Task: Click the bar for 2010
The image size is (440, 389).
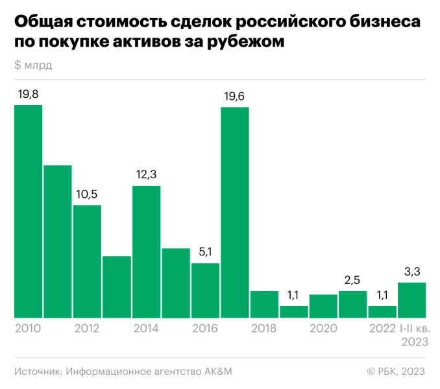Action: [28, 211]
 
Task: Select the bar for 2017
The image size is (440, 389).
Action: [235, 212]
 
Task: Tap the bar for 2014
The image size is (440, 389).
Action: [147, 252]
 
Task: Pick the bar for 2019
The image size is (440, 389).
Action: [294, 312]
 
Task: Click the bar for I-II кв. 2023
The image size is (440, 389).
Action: [412, 300]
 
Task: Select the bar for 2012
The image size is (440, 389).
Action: [87, 261]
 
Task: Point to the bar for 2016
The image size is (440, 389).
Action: [206, 290]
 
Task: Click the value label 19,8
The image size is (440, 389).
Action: [28, 95]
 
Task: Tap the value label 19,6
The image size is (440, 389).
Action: [235, 97]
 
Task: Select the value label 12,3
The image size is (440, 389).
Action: [147, 175]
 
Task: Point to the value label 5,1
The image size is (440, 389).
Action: [206, 252]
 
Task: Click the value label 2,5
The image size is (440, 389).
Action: [353, 280]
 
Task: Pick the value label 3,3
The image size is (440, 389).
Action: [412, 272]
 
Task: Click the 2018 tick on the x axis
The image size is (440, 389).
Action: [264, 329]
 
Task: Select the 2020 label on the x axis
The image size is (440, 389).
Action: [323, 329]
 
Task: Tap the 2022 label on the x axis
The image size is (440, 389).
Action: [382, 329]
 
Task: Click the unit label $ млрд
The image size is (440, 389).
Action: [32, 65]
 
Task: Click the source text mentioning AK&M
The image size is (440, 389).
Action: [123, 371]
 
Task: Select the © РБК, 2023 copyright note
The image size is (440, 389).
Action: [395, 371]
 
